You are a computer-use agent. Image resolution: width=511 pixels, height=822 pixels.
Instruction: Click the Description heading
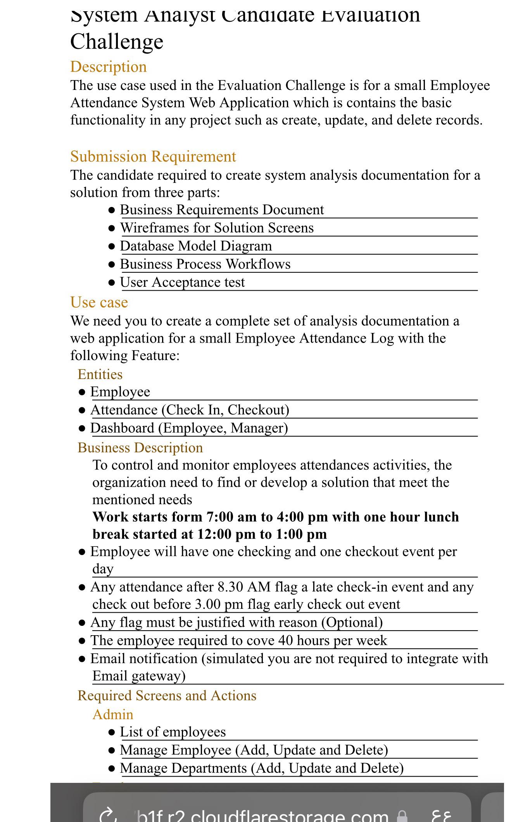click(108, 67)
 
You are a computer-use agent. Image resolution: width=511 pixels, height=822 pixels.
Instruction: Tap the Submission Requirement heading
click(153, 157)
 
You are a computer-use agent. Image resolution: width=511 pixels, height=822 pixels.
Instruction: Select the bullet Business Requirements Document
click(221, 210)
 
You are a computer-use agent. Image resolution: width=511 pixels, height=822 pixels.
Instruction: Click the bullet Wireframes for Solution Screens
click(216, 228)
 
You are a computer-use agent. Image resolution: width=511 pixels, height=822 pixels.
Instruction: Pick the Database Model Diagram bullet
click(195, 246)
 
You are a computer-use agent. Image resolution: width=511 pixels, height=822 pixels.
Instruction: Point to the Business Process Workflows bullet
click(205, 264)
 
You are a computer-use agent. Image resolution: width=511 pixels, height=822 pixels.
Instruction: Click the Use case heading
click(99, 302)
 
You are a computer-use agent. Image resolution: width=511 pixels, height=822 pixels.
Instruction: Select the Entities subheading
click(100, 374)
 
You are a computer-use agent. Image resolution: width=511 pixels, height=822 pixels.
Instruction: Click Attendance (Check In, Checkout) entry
click(190, 410)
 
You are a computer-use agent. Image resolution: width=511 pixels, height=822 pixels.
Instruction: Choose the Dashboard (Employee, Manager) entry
click(189, 428)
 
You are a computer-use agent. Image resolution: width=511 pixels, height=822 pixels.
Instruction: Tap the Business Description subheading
click(140, 448)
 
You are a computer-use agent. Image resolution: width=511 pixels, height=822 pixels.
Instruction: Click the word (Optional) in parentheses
click(352, 622)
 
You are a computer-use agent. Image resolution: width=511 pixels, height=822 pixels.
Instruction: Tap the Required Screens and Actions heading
click(167, 696)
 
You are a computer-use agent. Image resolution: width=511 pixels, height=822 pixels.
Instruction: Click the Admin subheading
click(113, 714)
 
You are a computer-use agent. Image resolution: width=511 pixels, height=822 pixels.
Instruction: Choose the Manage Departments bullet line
click(261, 768)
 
